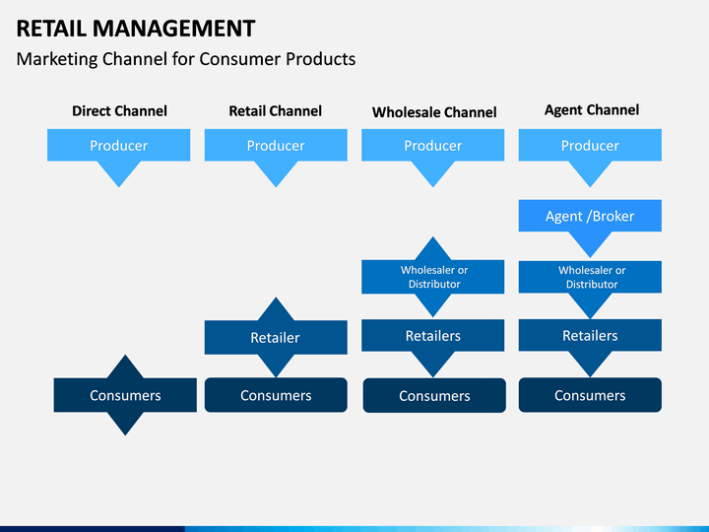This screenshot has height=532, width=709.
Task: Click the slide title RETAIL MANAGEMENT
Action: pyautogui.click(x=136, y=29)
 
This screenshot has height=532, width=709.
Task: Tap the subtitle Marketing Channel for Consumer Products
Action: pyautogui.click(x=186, y=59)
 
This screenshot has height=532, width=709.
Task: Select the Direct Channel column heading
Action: pyautogui.click(x=119, y=110)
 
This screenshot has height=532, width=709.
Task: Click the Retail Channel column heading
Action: pyautogui.click(x=275, y=110)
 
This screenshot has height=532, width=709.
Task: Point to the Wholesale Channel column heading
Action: pyautogui.click(x=434, y=112)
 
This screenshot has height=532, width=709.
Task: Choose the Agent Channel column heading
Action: pyautogui.click(x=592, y=110)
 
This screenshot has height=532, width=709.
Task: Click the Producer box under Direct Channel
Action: pyautogui.click(x=119, y=146)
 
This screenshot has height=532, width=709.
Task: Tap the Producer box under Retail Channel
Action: pyautogui.click(x=276, y=146)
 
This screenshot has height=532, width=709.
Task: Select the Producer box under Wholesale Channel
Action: pyautogui.click(x=432, y=146)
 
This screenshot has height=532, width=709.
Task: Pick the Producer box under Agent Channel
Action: pyautogui.click(x=590, y=146)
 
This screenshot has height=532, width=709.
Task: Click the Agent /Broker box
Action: pyautogui.click(x=590, y=216)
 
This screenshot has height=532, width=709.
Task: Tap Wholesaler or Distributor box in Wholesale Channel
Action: pyautogui.click(x=432, y=277)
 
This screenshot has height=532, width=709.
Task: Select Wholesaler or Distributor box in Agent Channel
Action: pyautogui.click(x=590, y=277)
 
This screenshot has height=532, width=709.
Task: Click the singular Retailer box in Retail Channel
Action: pyautogui.click(x=276, y=338)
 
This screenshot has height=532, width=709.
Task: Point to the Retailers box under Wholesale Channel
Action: pyautogui.click(x=432, y=336)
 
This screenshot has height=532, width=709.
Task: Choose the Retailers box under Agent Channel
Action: pyautogui.click(x=590, y=336)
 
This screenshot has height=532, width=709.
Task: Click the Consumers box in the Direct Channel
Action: pyautogui.click(x=125, y=395)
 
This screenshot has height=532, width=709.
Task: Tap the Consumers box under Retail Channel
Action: pyautogui.click(x=276, y=395)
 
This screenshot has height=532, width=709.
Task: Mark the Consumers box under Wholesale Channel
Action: pyautogui.click(x=434, y=395)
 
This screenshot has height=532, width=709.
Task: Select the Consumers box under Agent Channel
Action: pyautogui.click(x=590, y=395)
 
